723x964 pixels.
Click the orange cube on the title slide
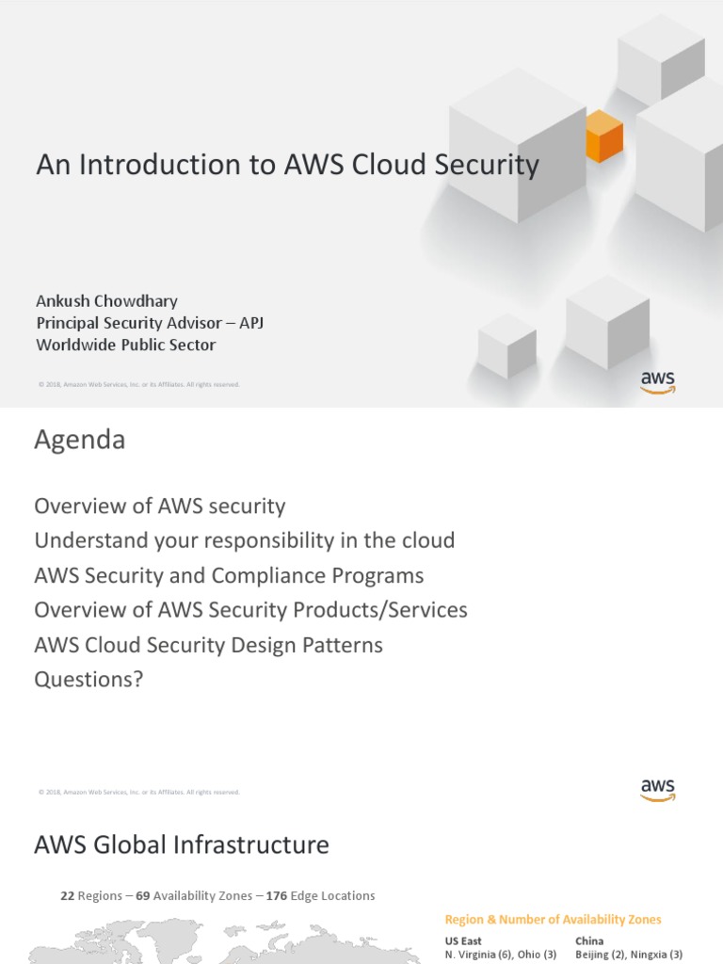click(603, 137)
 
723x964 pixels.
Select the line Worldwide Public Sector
click(125, 345)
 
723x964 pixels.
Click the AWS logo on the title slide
click(658, 381)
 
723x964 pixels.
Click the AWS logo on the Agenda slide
click(658, 789)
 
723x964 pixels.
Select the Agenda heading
click(79, 440)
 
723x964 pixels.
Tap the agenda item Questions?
click(88, 679)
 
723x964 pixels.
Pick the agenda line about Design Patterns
click(208, 645)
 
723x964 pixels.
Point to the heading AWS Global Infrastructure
click(182, 844)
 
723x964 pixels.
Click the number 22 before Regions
click(67, 896)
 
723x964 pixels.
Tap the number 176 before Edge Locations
click(276, 896)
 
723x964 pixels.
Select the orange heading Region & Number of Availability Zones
click(553, 919)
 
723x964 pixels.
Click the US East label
click(463, 940)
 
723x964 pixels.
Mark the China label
click(589, 940)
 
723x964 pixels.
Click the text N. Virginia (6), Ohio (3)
click(501, 955)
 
